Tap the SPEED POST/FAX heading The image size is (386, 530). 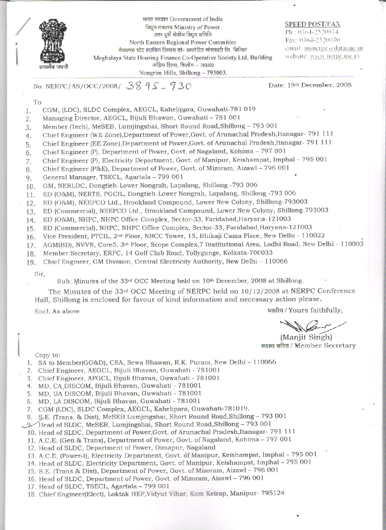coord(312,24)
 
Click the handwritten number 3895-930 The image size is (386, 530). coord(159,86)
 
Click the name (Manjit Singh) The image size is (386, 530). coord(306,337)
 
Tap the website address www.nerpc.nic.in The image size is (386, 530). coord(335,56)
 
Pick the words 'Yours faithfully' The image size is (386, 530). coord(315,310)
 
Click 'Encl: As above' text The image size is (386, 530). coord(57,311)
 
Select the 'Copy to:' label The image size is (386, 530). coord(48,355)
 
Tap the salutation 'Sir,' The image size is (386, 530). coord(40,274)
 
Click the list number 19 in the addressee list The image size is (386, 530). coord(30,262)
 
